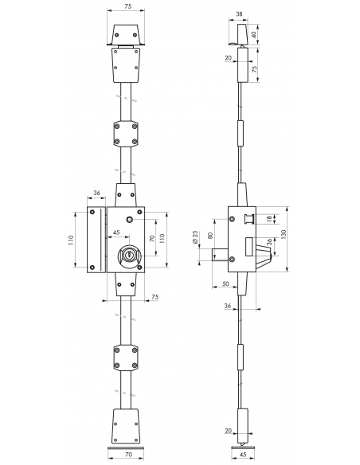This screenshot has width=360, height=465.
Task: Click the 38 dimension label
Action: (239, 14)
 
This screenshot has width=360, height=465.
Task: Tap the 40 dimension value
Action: (254, 34)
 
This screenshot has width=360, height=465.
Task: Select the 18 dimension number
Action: (269, 219)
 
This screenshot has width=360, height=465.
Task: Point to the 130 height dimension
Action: (284, 234)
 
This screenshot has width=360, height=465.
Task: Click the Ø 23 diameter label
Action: (195, 237)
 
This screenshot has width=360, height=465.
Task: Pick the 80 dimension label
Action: (210, 236)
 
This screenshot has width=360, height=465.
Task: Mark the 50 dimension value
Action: (225, 283)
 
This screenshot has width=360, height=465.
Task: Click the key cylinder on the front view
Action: (129, 255)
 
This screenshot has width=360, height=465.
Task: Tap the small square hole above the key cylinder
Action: (130, 220)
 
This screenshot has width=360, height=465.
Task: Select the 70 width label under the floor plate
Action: (128, 454)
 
